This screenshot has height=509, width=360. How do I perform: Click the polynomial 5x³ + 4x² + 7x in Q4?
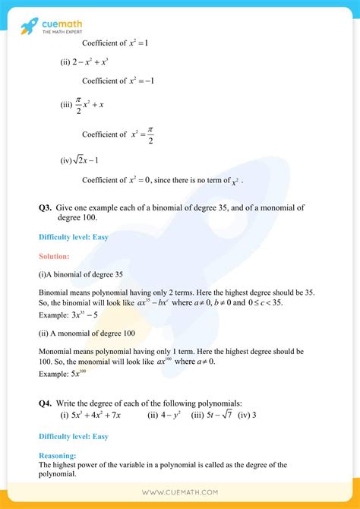click(106, 416)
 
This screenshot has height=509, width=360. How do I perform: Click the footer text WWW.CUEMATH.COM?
click(179, 492)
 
